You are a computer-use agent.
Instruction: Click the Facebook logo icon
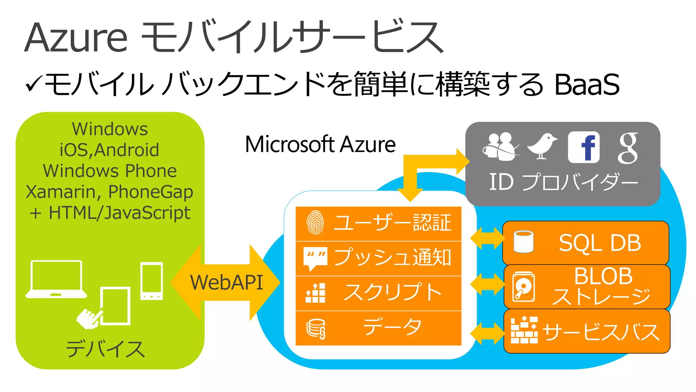click(584, 147)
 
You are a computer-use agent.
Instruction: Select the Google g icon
click(628, 148)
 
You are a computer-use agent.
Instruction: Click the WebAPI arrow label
click(226, 282)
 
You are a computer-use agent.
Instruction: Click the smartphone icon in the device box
click(152, 281)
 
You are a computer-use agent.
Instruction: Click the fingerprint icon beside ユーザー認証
click(315, 223)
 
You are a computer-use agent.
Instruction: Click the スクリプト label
click(393, 292)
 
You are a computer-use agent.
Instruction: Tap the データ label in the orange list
click(393, 327)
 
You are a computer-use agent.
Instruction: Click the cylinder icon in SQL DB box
click(523, 242)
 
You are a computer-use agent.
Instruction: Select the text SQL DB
click(600, 243)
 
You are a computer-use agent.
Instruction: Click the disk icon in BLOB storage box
click(523, 287)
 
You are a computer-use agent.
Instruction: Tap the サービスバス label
click(601, 332)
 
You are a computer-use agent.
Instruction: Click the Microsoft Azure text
click(320, 144)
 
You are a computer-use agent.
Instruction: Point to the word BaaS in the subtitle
click(587, 84)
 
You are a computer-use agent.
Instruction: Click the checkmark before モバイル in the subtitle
click(34, 84)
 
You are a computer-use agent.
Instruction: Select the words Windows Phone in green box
click(110, 171)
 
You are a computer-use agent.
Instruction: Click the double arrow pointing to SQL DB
click(487, 238)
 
